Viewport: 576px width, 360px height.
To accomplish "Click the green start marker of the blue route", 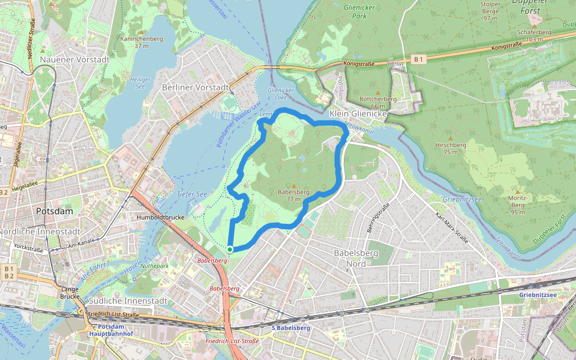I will tap(230, 249).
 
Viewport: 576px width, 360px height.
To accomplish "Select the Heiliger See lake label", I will tap(140, 82).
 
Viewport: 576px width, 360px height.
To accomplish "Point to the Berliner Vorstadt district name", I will tap(196, 88).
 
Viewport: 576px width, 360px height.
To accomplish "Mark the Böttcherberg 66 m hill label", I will tap(377, 102).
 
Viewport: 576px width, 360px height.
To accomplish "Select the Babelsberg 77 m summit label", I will tap(293, 195).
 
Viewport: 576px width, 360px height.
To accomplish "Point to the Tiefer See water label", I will tap(191, 194).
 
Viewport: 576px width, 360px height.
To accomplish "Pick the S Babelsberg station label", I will tap(291, 328).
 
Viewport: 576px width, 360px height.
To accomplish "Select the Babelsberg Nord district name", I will tap(356, 257).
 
